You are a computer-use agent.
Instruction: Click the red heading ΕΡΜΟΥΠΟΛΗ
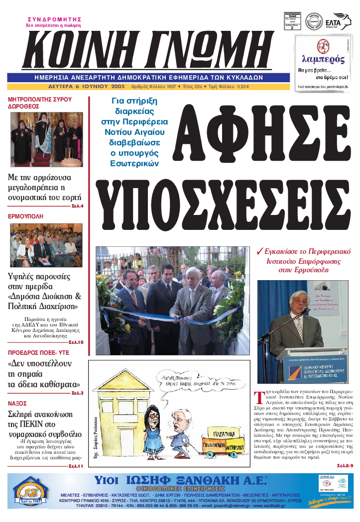tap(26, 217)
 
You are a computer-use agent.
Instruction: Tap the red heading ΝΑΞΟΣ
tap(18, 404)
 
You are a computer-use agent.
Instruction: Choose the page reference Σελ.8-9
tap(344, 465)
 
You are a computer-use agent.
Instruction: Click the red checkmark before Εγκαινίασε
tap(259, 251)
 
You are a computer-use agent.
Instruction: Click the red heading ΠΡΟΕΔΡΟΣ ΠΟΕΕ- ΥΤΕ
tap(34, 351)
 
